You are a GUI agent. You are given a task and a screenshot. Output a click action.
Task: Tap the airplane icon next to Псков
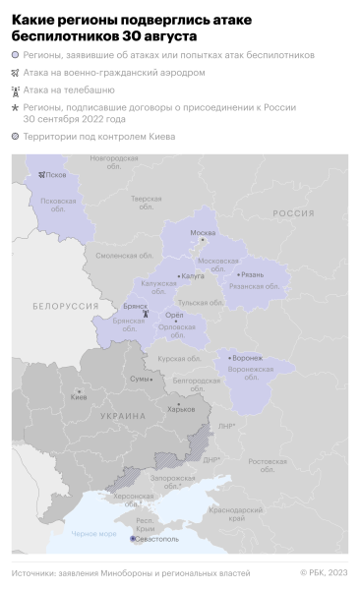[x=42, y=175]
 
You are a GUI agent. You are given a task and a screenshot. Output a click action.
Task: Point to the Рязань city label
[x=251, y=274]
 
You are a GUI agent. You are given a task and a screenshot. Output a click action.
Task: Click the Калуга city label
[x=193, y=277]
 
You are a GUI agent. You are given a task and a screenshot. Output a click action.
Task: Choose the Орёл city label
[x=177, y=316]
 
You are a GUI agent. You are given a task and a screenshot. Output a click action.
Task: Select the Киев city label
[x=79, y=397]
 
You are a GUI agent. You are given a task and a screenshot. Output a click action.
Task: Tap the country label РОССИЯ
[x=293, y=212]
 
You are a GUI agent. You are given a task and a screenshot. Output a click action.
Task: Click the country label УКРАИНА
[x=123, y=417]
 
